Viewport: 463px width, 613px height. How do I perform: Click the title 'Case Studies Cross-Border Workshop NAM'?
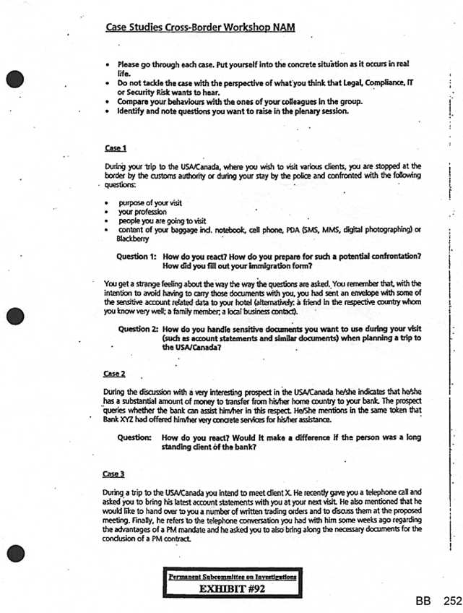[200, 27]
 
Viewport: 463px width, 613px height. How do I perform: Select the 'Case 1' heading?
[116, 148]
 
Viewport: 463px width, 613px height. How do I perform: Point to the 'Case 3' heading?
[116, 473]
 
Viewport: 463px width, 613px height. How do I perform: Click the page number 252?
[452, 601]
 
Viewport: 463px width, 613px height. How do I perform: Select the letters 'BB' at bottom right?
[424, 601]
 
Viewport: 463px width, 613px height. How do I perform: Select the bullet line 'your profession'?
[142, 212]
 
